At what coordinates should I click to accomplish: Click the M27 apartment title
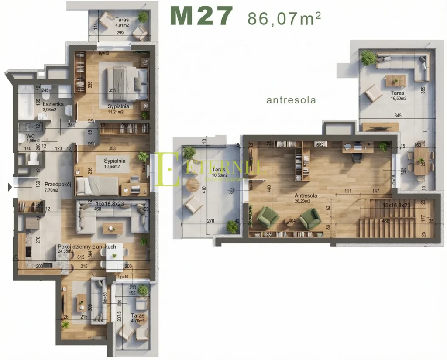201,17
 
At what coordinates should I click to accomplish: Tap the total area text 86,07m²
284,19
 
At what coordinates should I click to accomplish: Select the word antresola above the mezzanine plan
291,100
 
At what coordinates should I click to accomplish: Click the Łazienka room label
53,104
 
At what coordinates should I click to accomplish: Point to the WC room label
24,136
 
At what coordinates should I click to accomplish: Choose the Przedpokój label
58,185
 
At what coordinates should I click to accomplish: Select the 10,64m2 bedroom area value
114,166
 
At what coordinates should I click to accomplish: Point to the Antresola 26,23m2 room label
306,199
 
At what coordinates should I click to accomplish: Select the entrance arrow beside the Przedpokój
10,188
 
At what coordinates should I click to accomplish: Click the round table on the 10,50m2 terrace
192,185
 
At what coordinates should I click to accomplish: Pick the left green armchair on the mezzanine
268,217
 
